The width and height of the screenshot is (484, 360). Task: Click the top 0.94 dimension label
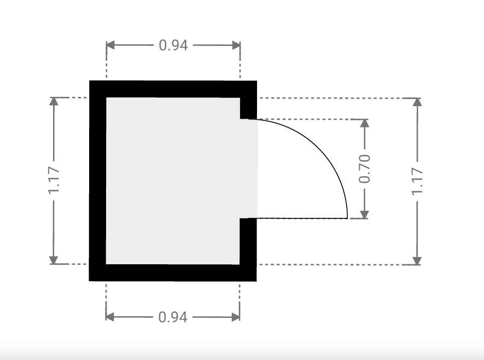[x=173, y=45]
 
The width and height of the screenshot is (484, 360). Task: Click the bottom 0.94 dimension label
[x=173, y=317]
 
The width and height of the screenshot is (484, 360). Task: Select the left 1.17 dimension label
[x=54, y=181]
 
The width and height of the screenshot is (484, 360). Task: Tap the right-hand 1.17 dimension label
[x=417, y=181]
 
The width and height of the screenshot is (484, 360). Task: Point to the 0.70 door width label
[x=364, y=169]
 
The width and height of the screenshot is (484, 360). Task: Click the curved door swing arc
[x=321, y=149]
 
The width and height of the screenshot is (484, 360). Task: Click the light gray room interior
[x=173, y=181]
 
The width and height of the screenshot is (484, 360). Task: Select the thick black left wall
[x=97, y=181]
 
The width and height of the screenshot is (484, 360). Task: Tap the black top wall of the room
[x=173, y=89]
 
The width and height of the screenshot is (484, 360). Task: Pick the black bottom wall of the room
[x=173, y=272]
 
